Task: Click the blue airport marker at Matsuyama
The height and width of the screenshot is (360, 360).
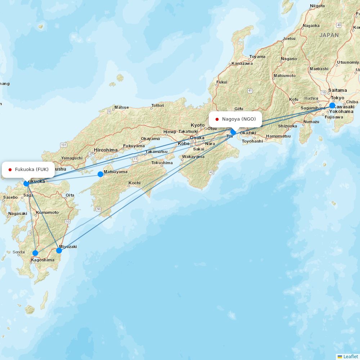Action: click(100, 174)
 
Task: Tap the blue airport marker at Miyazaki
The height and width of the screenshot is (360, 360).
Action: click(59, 251)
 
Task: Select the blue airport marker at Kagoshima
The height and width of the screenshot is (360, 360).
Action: click(35, 253)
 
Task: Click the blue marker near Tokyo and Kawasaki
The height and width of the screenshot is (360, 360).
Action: click(332, 105)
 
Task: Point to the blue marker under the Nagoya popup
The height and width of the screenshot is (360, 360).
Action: click(233, 132)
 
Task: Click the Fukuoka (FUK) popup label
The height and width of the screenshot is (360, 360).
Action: click(28, 170)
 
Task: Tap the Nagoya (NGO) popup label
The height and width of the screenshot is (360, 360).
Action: click(235, 119)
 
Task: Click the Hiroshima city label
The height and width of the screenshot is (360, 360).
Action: click(106, 150)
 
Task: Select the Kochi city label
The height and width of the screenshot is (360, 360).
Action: click(134, 183)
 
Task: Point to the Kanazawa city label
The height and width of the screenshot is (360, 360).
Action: click(242, 63)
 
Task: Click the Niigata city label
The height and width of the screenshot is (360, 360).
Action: click(317, 6)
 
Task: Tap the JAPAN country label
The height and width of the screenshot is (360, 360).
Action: click(329, 35)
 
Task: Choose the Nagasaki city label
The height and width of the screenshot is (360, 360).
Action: click(18, 213)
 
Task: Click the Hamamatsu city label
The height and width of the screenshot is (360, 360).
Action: click(278, 136)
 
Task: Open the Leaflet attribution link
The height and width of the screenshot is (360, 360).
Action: click(350, 356)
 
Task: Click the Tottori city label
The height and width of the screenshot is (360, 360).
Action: click(157, 105)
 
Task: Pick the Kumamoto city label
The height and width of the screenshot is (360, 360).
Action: click(47, 212)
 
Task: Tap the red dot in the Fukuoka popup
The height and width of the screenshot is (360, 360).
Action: click(10, 170)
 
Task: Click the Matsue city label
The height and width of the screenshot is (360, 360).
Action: click(121, 107)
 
